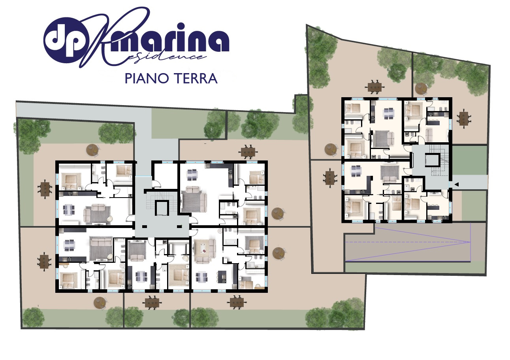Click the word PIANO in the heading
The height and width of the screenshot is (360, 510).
147,79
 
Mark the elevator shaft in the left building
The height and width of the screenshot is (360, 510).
162,208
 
